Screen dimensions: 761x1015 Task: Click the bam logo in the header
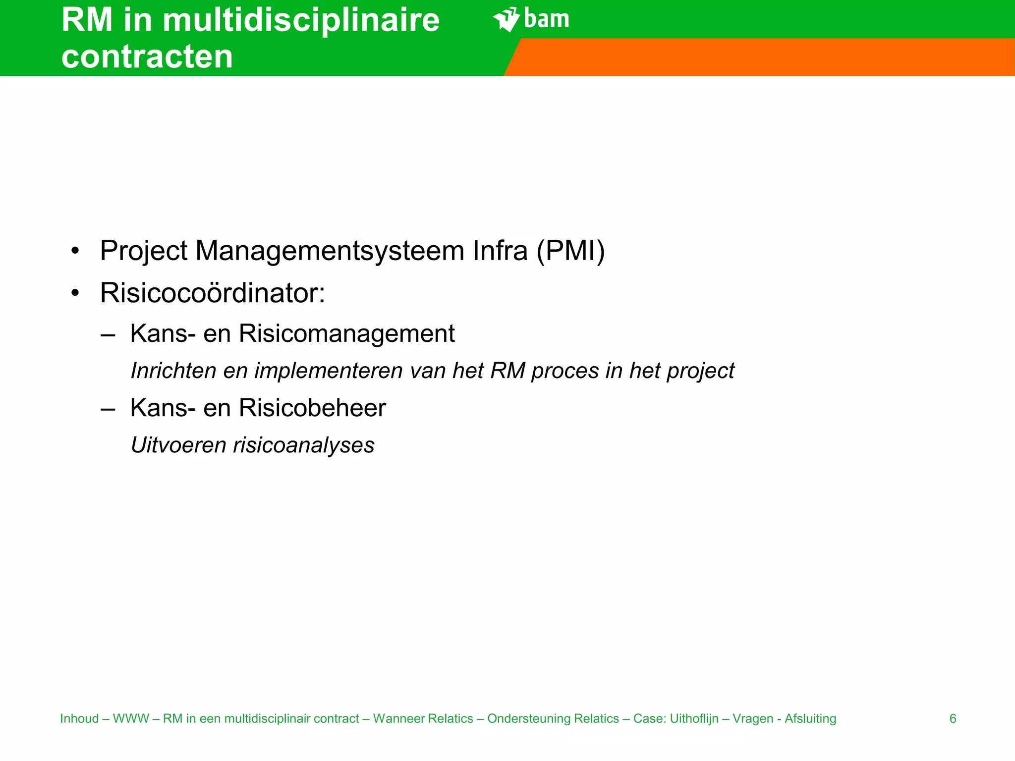click(x=531, y=19)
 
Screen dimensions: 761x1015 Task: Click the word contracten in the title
click(x=147, y=56)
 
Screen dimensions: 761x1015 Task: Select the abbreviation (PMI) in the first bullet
click(x=570, y=251)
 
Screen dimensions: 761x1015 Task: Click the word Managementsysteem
click(x=330, y=251)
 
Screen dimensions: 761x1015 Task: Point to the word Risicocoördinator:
click(x=213, y=293)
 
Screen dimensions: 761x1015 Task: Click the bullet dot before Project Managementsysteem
click(x=75, y=251)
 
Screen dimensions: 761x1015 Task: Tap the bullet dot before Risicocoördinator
click(x=75, y=293)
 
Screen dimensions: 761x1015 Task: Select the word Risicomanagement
click(x=346, y=333)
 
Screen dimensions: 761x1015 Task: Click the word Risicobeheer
click(x=312, y=408)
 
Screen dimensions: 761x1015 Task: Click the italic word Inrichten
click(x=173, y=371)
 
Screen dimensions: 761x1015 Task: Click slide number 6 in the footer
click(x=953, y=718)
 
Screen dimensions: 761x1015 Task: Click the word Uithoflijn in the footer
click(x=694, y=718)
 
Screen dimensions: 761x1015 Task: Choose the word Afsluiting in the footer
click(x=810, y=718)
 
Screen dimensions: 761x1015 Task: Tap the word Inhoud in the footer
click(x=80, y=718)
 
